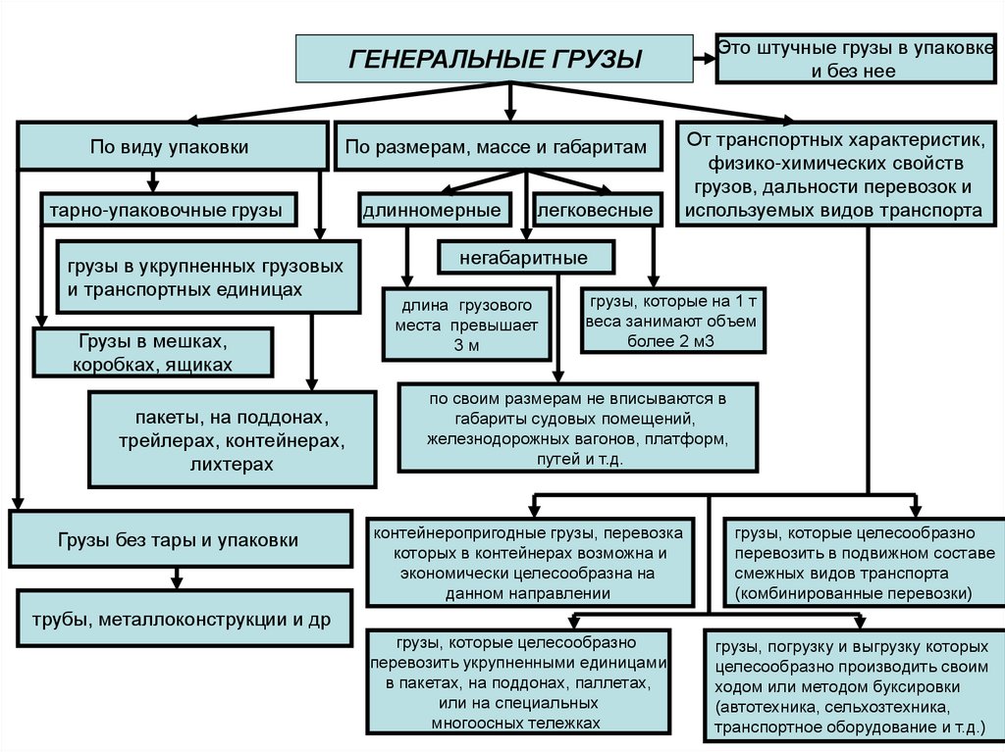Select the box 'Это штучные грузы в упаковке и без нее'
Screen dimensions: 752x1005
tap(853, 59)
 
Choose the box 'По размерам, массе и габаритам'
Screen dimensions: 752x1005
tap(496, 146)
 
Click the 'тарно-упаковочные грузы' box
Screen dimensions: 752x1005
tap(166, 209)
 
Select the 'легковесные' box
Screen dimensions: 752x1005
tap(595, 209)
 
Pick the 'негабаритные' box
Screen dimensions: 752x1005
tap(524, 258)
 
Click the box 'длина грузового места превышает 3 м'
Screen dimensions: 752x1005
tap(465, 322)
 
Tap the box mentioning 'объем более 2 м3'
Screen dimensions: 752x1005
tap(672, 320)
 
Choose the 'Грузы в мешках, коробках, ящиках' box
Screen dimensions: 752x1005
tap(152, 352)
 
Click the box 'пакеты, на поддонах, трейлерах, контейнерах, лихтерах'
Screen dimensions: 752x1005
tap(232, 439)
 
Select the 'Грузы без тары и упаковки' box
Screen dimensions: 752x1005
tap(179, 540)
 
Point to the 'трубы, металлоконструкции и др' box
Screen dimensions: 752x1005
tap(181, 619)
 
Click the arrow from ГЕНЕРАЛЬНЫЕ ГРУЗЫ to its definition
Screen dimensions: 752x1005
tap(704, 58)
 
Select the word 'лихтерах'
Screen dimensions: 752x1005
tap(232, 464)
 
